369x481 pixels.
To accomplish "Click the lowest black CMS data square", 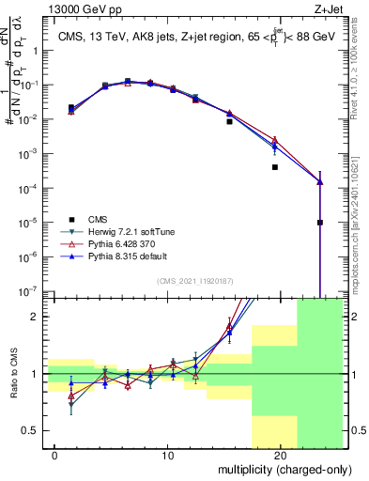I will [320, 223].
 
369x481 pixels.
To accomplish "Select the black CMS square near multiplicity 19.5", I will [275, 167].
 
